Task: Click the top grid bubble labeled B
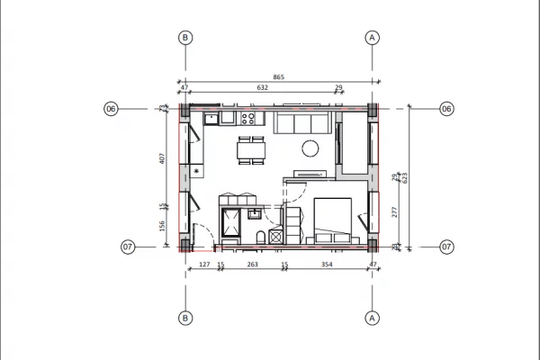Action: tap(185, 37)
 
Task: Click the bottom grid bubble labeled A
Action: tap(372, 318)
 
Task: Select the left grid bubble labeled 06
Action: tap(111, 109)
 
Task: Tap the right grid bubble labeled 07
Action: tap(445, 246)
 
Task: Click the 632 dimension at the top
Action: tap(264, 88)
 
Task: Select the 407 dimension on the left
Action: tap(162, 159)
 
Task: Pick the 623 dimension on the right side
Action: tap(405, 177)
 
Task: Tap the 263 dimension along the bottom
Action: tap(252, 265)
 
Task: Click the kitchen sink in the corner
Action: tap(211, 117)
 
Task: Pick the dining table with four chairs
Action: tap(250, 150)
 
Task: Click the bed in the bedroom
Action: tap(331, 218)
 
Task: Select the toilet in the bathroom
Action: tap(260, 237)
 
